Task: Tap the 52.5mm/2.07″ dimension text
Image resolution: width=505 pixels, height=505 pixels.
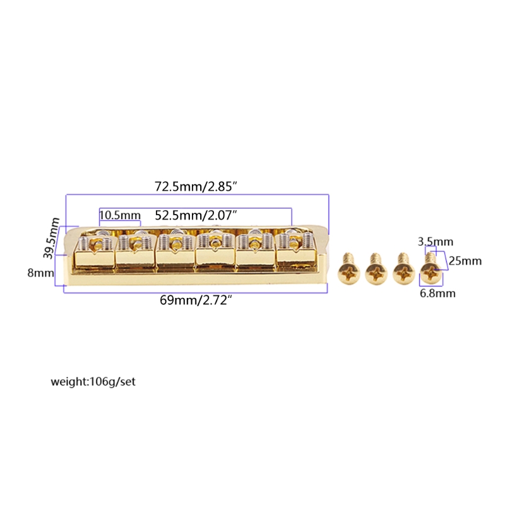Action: click(x=196, y=215)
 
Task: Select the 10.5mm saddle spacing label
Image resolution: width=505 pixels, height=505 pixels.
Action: click(x=120, y=215)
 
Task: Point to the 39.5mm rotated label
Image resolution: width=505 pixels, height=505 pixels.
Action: click(x=52, y=238)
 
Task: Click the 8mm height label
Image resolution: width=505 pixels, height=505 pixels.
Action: click(x=40, y=273)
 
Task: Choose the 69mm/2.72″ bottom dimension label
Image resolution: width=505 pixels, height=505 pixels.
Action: click(x=196, y=300)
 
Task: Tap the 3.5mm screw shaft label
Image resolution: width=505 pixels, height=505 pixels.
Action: click(x=436, y=242)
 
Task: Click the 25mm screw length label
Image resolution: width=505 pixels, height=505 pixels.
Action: click(x=465, y=261)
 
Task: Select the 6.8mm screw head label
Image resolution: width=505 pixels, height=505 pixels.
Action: click(x=437, y=294)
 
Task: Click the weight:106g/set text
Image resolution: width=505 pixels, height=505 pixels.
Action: click(x=93, y=382)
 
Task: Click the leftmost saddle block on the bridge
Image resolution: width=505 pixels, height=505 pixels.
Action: click(x=95, y=252)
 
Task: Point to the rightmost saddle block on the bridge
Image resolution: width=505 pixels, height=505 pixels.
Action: click(x=296, y=252)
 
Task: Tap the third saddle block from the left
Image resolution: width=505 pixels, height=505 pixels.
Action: click(x=175, y=252)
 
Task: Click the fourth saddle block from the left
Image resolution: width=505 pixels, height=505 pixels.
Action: click(x=216, y=252)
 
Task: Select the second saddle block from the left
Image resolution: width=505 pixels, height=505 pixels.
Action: click(x=135, y=252)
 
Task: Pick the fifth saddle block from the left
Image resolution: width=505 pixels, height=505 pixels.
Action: click(x=256, y=252)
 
